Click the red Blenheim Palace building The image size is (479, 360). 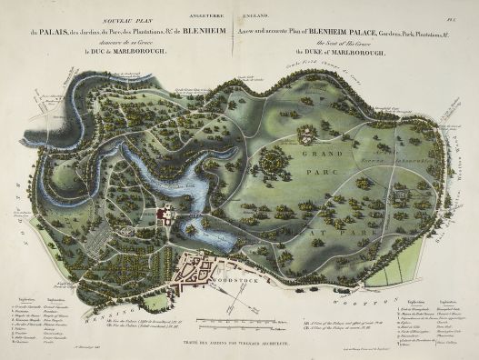[x=165, y=215]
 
